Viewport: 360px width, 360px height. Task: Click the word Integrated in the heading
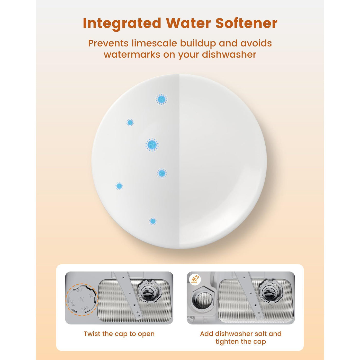click(122, 24)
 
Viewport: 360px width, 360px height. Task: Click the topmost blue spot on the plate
click(161, 99)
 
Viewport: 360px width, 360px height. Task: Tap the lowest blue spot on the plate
click(153, 221)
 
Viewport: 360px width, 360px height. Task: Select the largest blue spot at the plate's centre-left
click(152, 145)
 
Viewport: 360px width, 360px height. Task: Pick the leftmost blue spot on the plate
click(119, 186)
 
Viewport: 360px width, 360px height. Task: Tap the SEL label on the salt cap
click(91, 296)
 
